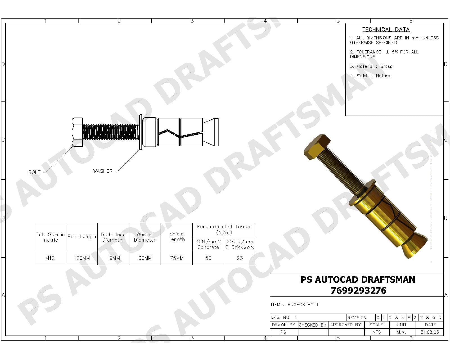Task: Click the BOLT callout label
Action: pyautogui.click(x=34, y=172)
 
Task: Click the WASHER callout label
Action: pyautogui.click(x=103, y=171)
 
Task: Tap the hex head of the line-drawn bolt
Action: pyautogui.click(x=77, y=132)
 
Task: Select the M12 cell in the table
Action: pyautogui.click(x=50, y=258)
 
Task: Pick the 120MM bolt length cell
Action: pyautogui.click(x=82, y=258)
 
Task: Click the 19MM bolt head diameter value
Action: pyautogui.click(x=113, y=258)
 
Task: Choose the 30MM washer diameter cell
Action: pyautogui.click(x=145, y=258)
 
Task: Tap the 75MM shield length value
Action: pyautogui.click(x=177, y=258)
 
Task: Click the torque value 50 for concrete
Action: pyautogui.click(x=208, y=258)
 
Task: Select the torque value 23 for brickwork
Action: pyautogui.click(x=240, y=258)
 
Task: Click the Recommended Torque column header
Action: pyautogui.click(x=224, y=229)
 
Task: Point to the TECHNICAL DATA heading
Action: pyautogui.click(x=386, y=30)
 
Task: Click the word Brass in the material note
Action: pyautogui.click(x=386, y=66)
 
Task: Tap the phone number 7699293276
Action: pyautogui.click(x=358, y=290)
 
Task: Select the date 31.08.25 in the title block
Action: pyautogui.click(x=429, y=332)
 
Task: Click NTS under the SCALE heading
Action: pyautogui.click(x=376, y=332)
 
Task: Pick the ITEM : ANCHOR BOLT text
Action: pyautogui.click(x=295, y=305)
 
